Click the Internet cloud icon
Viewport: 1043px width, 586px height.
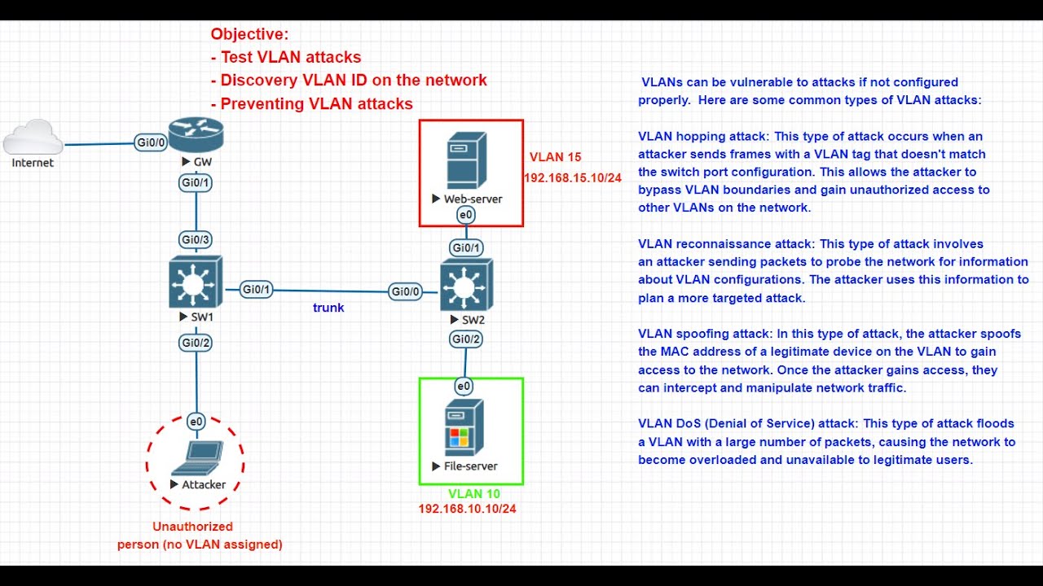[33, 138]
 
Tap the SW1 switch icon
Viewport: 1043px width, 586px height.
[195, 282]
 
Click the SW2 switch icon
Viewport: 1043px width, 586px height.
[466, 286]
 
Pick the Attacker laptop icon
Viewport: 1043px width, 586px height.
[196, 457]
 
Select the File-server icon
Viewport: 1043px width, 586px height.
[464, 430]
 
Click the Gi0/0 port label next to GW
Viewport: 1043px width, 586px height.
[151, 142]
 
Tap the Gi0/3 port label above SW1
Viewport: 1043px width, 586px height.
[196, 239]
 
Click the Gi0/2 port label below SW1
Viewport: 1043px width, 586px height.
[196, 343]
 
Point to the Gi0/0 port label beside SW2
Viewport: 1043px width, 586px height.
[406, 291]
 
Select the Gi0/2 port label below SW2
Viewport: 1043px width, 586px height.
[466, 339]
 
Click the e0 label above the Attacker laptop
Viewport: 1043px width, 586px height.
[196, 422]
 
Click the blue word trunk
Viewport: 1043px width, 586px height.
[328, 308]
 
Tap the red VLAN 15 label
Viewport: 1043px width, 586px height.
[555, 157]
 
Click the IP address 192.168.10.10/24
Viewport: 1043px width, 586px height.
[467, 509]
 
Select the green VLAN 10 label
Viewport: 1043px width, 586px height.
[474, 493]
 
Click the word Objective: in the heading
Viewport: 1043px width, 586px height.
[249, 34]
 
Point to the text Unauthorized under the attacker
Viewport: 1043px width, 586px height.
[192, 527]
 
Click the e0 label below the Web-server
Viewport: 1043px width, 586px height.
[465, 215]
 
